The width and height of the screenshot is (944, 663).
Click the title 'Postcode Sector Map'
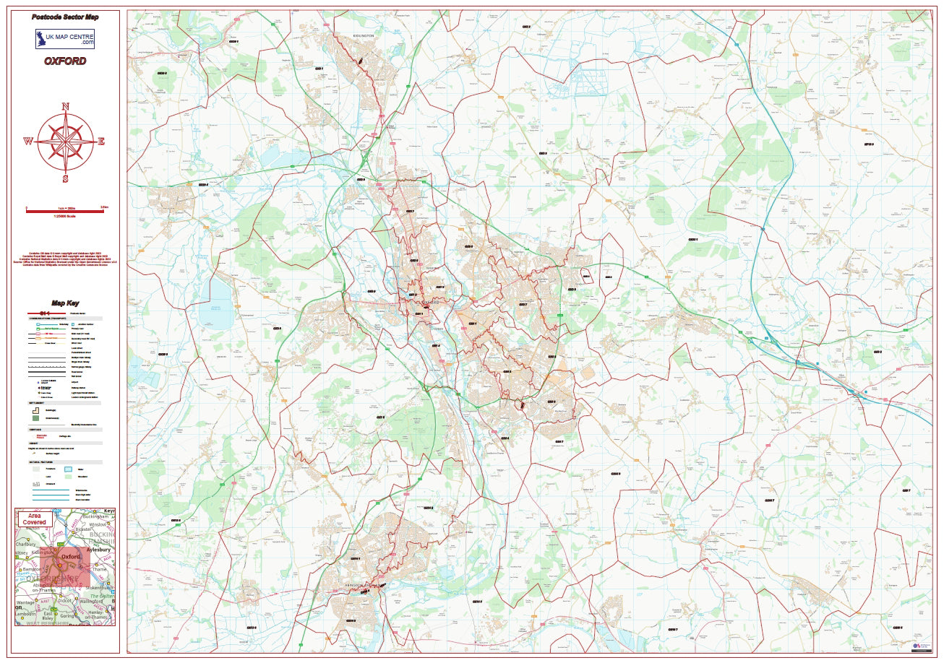pyautogui.click(x=65, y=17)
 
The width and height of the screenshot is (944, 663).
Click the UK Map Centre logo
pyautogui.click(x=65, y=39)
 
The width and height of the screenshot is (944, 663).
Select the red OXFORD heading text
pyautogui.click(x=65, y=61)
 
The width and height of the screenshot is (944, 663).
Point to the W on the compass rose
pyautogui.click(x=27, y=142)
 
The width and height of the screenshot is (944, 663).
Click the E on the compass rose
pyautogui.click(x=102, y=142)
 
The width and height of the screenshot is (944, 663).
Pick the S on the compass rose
pyautogui.click(x=65, y=178)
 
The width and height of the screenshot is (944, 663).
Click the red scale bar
pyautogui.click(x=65, y=211)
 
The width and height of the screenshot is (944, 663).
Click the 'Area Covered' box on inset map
pyautogui.click(x=35, y=519)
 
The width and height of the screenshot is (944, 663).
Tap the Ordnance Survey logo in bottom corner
pyautogui.click(x=919, y=646)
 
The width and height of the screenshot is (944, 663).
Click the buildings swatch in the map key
pyautogui.click(x=35, y=409)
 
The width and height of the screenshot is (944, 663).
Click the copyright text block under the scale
pyautogui.click(x=65, y=259)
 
